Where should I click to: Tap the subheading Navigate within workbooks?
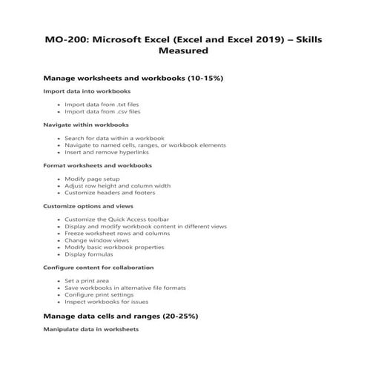[x=86, y=125]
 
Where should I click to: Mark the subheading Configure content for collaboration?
[x=99, y=266]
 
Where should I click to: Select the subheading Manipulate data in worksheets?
[x=90, y=328]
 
